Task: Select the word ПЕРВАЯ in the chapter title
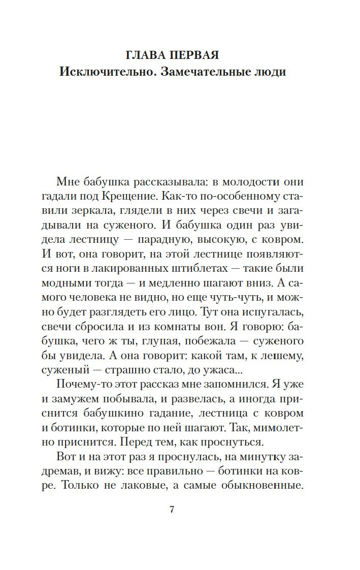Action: click(x=195, y=54)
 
